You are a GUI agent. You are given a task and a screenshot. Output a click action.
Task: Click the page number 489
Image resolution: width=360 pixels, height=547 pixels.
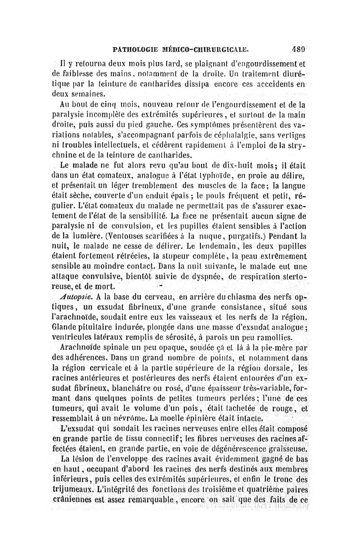click(x=298, y=50)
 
